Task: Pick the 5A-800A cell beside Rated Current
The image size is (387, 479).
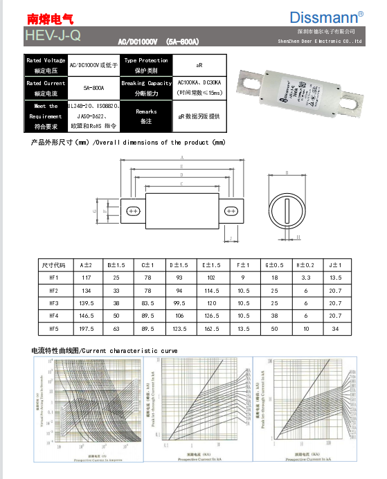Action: pyautogui.click(x=93, y=88)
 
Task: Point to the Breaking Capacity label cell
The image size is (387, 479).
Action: pyautogui.click(x=146, y=88)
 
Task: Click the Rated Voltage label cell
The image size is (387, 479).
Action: pyautogui.click(x=46, y=64)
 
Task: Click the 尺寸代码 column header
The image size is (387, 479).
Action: pyautogui.click(x=53, y=265)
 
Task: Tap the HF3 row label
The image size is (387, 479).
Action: pyautogui.click(x=53, y=303)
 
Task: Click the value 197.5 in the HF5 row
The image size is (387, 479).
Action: pyautogui.click(x=86, y=329)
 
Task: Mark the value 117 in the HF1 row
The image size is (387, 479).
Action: pyautogui.click(x=86, y=278)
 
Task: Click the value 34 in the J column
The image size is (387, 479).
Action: pyautogui.click(x=335, y=329)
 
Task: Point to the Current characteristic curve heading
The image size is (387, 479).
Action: pyautogui.click(x=104, y=351)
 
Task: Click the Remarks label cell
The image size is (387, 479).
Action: pyautogui.click(x=146, y=116)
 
